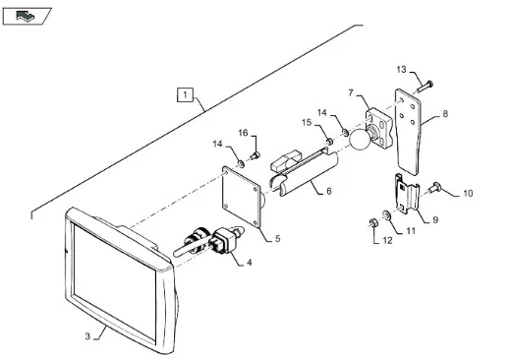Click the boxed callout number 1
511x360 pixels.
click(185, 94)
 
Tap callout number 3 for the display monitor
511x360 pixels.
click(87, 336)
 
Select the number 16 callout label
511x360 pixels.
click(243, 133)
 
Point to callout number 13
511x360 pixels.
click(401, 70)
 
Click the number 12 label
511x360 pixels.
click(387, 240)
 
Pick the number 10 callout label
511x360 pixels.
click(468, 194)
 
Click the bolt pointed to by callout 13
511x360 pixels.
click(426, 87)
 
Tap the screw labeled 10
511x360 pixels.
click(434, 188)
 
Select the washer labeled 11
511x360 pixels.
click(386, 215)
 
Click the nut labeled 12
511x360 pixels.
click(373, 223)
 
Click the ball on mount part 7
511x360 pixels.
click(360, 140)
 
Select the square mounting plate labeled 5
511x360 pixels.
click(242, 196)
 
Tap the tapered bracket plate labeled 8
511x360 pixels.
click(408, 132)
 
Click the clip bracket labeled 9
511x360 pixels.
click(407, 194)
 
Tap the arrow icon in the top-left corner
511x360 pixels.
click(26, 16)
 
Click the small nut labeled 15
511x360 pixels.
click(330, 142)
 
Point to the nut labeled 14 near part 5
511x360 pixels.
click(241, 163)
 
